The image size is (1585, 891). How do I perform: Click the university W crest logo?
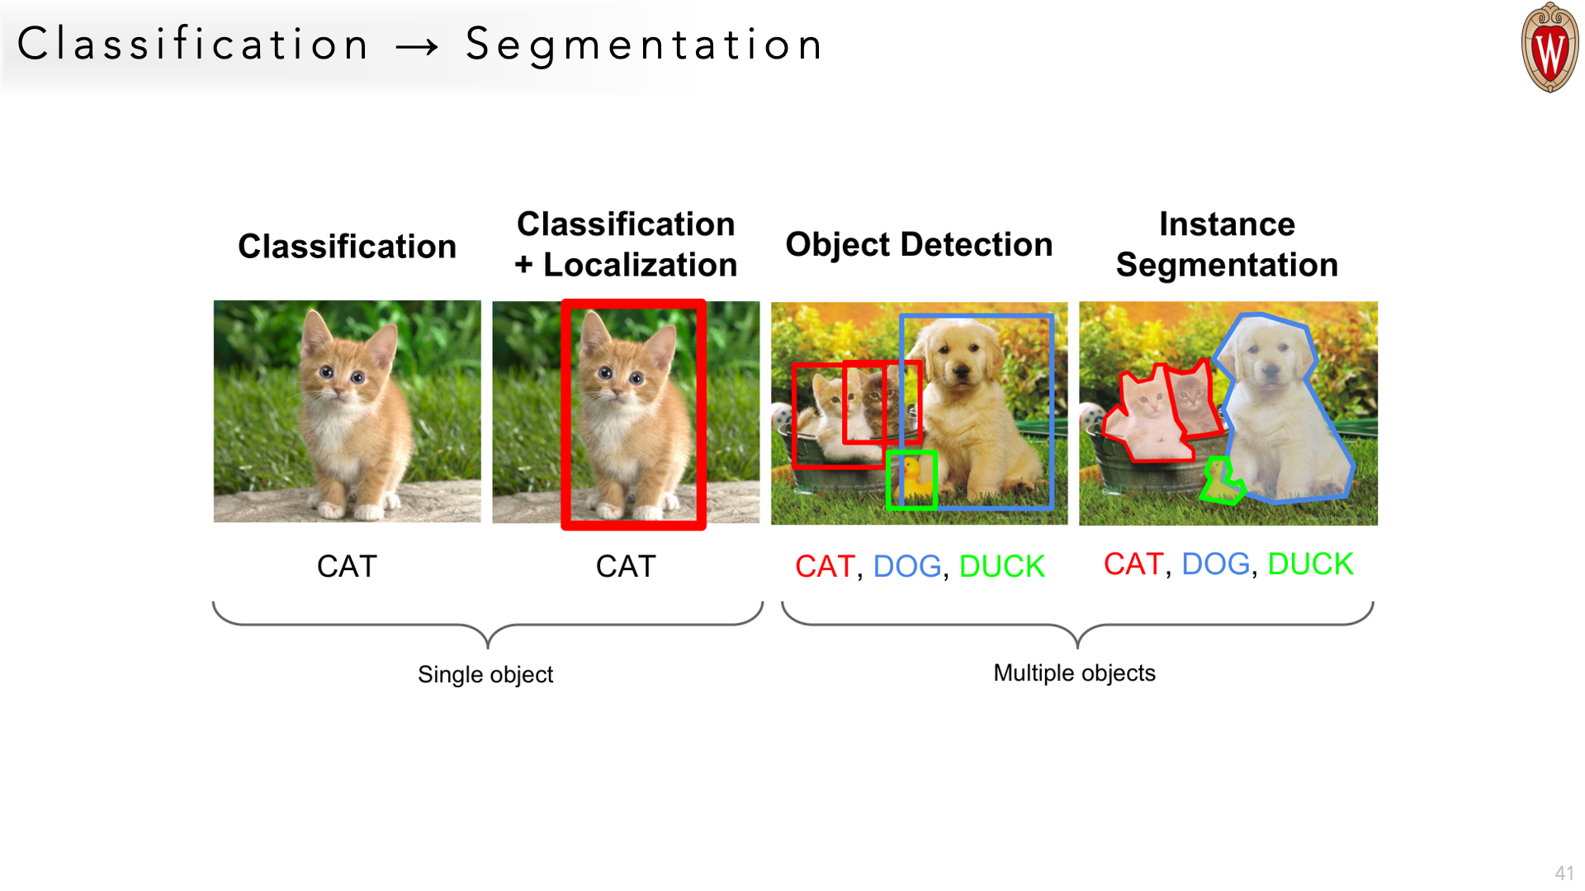pyautogui.click(x=1550, y=48)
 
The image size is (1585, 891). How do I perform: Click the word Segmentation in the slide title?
pyautogui.click(x=644, y=45)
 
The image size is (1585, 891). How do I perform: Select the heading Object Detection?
pyautogui.click(x=919, y=244)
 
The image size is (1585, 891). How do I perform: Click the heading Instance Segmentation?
pyautogui.click(x=1227, y=244)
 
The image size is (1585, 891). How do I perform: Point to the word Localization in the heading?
pyautogui.click(x=640, y=265)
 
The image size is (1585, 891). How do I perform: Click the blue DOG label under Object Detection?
pyautogui.click(x=906, y=567)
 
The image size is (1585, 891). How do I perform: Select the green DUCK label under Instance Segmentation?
pyautogui.click(x=1310, y=564)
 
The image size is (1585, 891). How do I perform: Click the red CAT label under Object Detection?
pyautogui.click(x=825, y=567)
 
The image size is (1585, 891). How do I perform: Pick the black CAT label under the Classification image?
pyautogui.click(x=347, y=567)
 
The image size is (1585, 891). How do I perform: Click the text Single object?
pyautogui.click(x=485, y=675)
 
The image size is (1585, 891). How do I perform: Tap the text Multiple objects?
pyautogui.click(x=1074, y=673)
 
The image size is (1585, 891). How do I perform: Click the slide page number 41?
pyautogui.click(x=1564, y=873)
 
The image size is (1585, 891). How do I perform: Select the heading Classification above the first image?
pyautogui.click(x=347, y=247)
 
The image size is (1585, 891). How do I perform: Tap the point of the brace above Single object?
pyautogui.click(x=488, y=644)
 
